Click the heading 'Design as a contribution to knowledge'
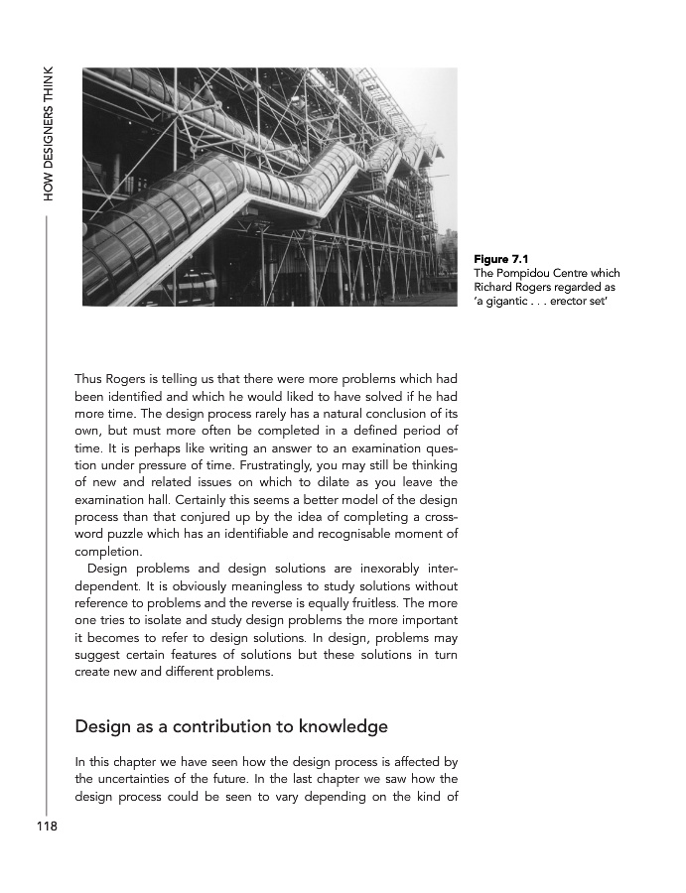(x=231, y=726)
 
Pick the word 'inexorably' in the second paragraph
(x=387, y=569)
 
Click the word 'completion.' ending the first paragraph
(x=108, y=551)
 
